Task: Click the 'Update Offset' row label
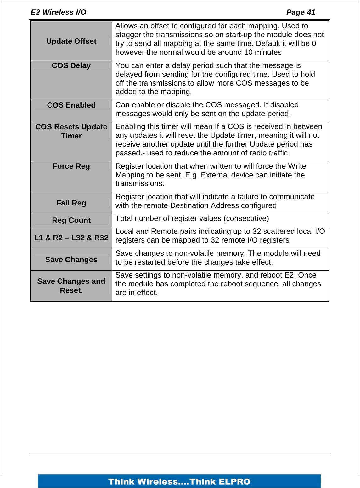(x=71, y=41)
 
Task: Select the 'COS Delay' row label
(x=71, y=65)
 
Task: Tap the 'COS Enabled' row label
(x=71, y=105)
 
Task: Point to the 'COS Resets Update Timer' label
(x=71, y=131)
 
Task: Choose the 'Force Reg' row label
(x=71, y=166)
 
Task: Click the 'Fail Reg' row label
(x=71, y=203)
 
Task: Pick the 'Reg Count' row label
(x=71, y=220)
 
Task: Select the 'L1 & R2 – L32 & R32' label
(x=71, y=238)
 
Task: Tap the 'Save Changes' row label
(x=71, y=260)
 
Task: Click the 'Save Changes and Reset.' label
(x=71, y=286)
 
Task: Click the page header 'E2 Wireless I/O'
(x=58, y=12)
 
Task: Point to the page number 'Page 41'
(x=301, y=12)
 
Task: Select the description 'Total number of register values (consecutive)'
(x=192, y=218)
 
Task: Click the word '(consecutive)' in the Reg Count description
(x=246, y=218)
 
